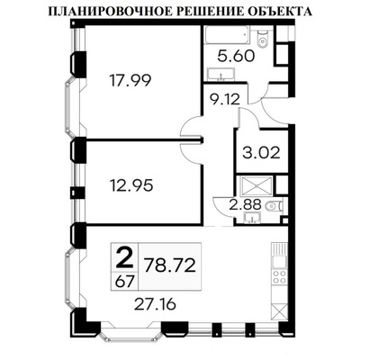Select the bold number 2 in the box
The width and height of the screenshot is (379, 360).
pyautogui.click(x=125, y=258)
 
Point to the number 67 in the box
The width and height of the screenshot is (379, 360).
pyautogui.click(x=125, y=279)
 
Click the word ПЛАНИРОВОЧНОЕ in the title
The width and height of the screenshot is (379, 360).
pyautogui.click(x=102, y=13)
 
